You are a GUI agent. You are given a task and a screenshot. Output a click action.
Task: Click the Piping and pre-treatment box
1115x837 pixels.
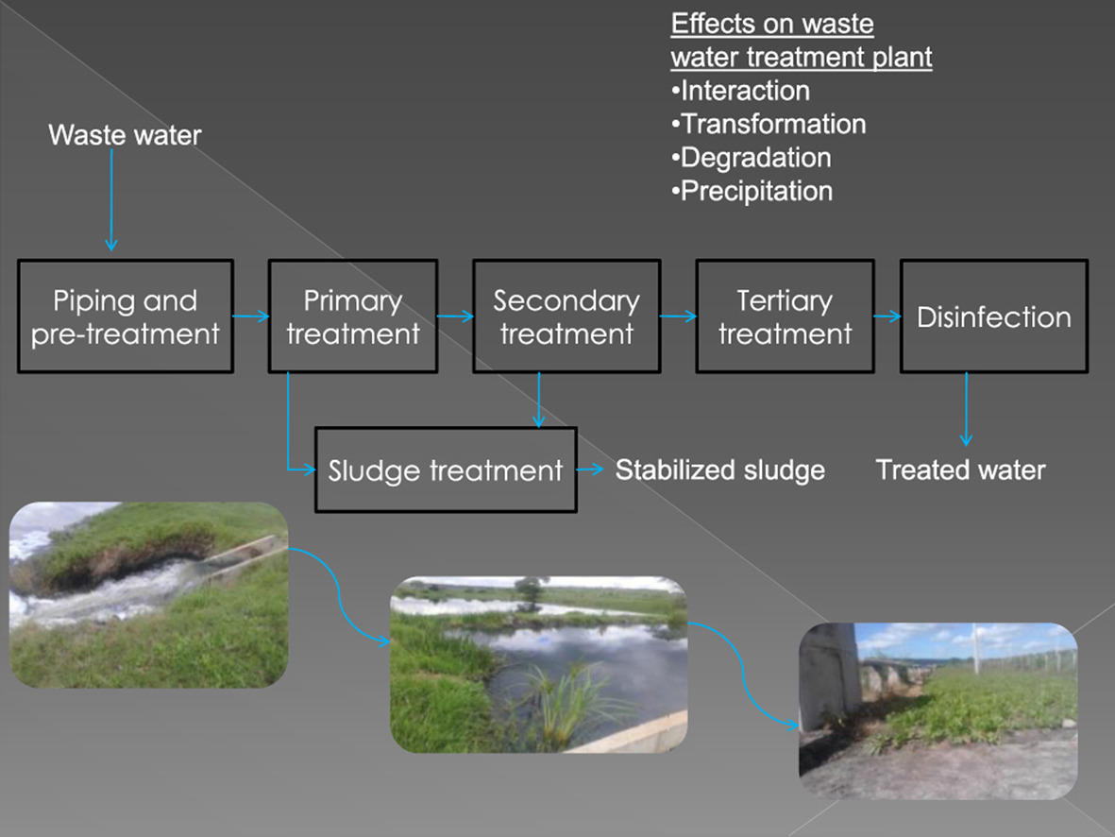(126, 316)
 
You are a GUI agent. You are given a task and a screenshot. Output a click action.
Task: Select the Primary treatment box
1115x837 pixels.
(353, 316)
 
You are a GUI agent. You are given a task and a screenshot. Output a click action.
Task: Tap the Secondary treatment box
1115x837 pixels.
(566, 316)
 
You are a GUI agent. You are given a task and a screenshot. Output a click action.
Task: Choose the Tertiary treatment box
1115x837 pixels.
(785, 316)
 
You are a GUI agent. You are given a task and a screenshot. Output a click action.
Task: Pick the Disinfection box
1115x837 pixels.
(993, 316)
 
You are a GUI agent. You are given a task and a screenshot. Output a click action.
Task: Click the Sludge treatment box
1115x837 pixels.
(446, 470)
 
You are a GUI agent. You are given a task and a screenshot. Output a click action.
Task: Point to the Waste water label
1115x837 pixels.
(125, 135)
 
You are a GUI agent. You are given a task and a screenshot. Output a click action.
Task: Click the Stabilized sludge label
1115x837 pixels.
(720, 470)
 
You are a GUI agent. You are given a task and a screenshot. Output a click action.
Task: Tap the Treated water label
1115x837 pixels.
(961, 470)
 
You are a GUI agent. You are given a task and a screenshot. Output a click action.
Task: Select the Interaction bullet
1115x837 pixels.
(741, 91)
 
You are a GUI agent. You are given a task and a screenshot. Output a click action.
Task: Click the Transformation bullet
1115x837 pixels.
(769, 124)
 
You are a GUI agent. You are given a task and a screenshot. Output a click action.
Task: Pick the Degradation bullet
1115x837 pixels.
(752, 157)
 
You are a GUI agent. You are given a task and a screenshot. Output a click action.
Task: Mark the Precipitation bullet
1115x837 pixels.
(752, 191)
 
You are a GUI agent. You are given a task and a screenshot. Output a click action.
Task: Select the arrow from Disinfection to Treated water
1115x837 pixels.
(966, 408)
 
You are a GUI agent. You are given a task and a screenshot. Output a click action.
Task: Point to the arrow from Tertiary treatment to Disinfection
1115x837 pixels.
(887, 317)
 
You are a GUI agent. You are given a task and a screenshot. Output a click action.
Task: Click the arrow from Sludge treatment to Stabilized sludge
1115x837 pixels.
(591, 470)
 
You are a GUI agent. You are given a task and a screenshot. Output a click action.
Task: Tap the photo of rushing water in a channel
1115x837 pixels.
(148, 595)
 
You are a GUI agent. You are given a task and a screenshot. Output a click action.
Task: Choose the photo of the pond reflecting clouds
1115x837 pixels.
(539, 664)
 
